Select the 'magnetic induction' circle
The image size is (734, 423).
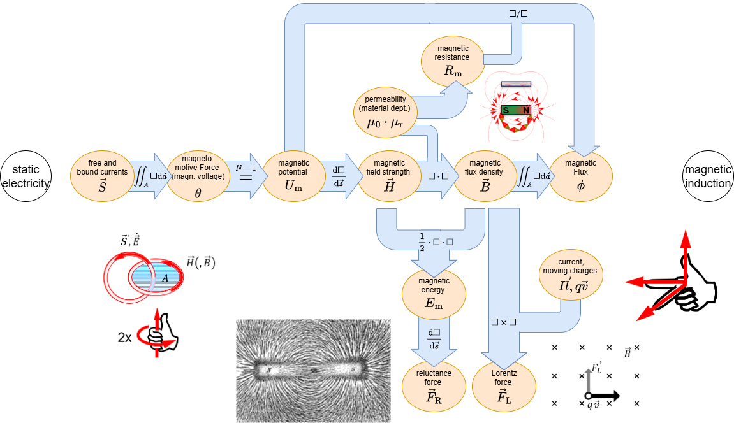[x=707, y=176]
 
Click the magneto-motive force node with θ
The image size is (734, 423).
[x=198, y=176]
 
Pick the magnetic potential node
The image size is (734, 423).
[x=293, y=176]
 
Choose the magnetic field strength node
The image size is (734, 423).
[x=389, y=176]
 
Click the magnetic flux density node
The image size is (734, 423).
[x=485, y=176]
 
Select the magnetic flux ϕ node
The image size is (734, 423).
[x=580, y=176]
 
